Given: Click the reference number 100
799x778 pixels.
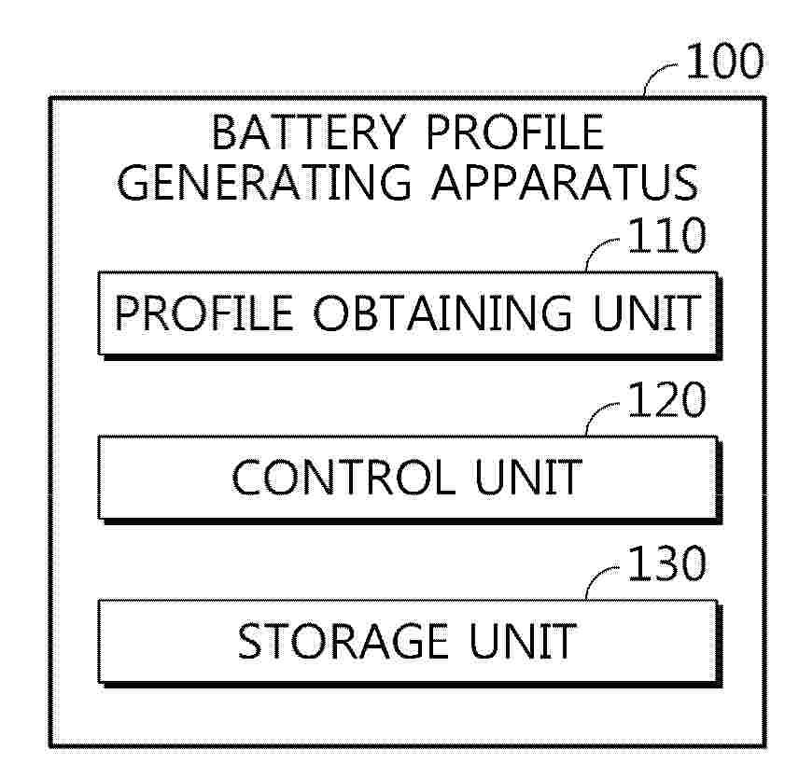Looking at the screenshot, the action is [724, 61].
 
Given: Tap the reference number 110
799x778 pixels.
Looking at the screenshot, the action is [666, 235].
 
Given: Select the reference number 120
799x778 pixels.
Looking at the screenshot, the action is [666, 399].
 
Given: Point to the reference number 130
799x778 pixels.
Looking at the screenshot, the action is [666, 563].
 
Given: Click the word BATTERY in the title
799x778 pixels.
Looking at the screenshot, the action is [308, 132].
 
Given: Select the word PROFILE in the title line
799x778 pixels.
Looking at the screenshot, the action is [514, 132].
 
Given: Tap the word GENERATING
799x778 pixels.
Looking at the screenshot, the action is [264, 182].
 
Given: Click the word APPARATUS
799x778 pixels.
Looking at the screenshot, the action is [565, 182].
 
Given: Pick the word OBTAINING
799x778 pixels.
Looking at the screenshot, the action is [442, 313].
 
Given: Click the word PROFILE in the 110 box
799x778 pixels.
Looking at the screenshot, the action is [203, 313].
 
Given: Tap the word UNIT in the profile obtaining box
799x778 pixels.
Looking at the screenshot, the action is [646, 313].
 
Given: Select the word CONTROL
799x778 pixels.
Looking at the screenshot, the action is [343, 477].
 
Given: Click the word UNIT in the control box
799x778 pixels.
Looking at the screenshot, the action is [528, 477].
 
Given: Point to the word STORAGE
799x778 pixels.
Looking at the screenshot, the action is [343, 641].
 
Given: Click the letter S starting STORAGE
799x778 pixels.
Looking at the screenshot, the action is [250, 641].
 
